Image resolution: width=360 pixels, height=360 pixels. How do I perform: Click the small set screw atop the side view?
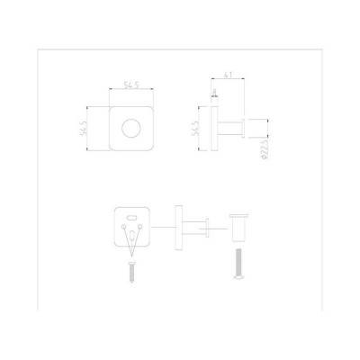215,93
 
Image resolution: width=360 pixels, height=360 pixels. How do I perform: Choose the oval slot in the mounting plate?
133,217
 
